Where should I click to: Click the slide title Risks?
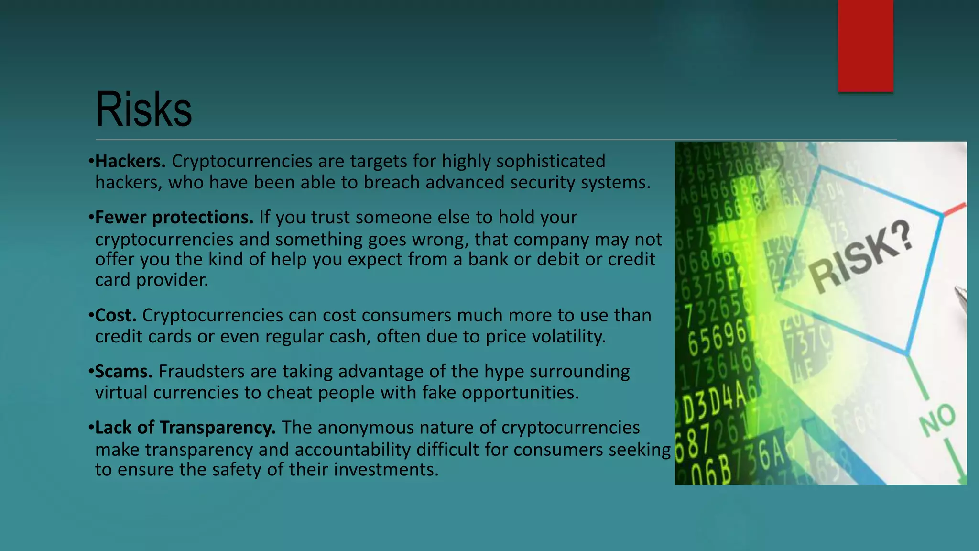tap(143, 110)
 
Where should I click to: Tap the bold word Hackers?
tap(130, 162)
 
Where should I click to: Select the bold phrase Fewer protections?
tap(174, 218)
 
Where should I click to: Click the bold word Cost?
tap(116, 316)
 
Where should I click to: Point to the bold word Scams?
tap(123, 372)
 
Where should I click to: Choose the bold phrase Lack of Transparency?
tap(185, 428)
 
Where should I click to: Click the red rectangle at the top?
tap(865, 45)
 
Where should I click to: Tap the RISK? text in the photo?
tap(860, 258)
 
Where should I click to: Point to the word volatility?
tap(569, 337)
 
